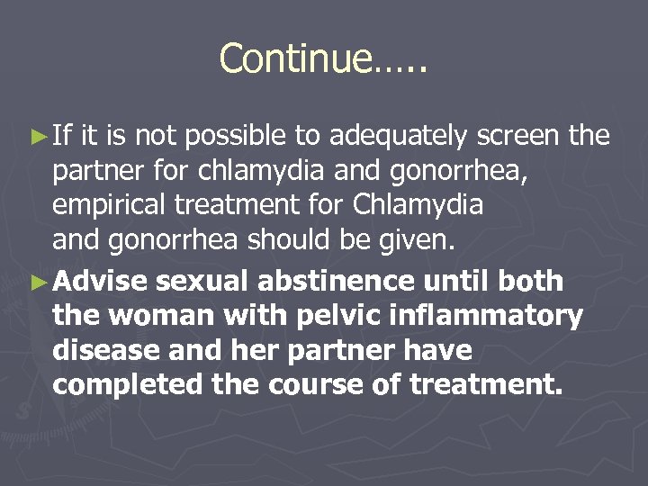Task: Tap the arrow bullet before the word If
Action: point(38,137)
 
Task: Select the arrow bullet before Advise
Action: point(38,282)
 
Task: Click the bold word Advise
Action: point(99,282)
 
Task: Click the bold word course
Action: point(313,386)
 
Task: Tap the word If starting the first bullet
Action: point(61,137)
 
